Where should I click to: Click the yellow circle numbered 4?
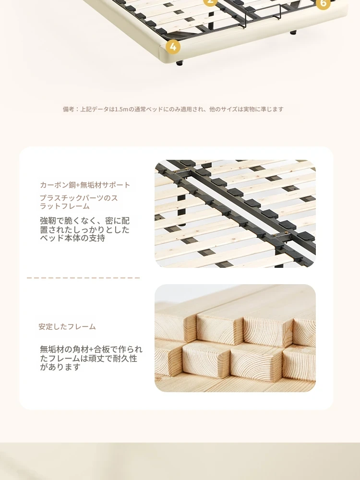[x=173, y=47]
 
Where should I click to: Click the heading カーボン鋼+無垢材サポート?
[x=85, y=185]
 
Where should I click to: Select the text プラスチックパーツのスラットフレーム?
[x=79, y=202]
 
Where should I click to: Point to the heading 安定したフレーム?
[x=67, y=326]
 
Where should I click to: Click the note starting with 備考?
[x=173, y=109]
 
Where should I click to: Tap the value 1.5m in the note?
[x=121, y=109]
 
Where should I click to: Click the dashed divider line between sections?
[x=83, y=278]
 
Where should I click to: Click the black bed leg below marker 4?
[x=180, y=63]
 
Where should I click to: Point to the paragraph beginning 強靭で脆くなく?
[x=85, y=229]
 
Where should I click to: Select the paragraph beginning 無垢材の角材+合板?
[x=91, y=358]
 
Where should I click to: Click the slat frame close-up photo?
[x=235, y=214]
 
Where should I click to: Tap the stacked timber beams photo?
[x=235, y=338]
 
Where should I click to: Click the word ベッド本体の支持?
[x=72, y=238]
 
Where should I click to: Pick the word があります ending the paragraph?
[x=60, y=367]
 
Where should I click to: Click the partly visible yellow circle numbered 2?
[x=210, y=2]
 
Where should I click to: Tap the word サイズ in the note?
[x=229, y=109]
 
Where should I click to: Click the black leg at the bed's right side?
[x=293, y=32]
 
